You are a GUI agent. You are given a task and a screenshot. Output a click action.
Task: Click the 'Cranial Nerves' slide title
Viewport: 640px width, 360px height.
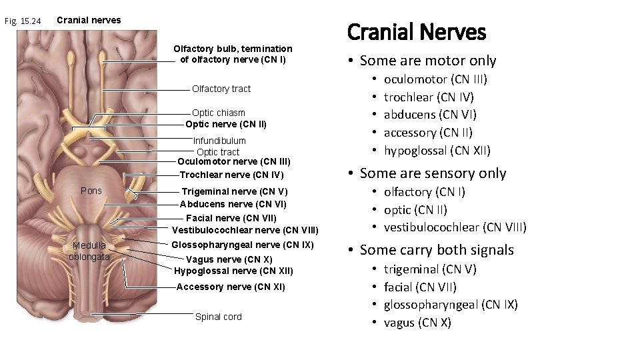point(417,31)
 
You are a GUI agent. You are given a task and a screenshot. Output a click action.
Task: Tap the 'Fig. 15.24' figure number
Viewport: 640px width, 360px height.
point(23,21)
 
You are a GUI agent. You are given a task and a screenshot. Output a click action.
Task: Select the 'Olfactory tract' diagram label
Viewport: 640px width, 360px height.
point(221,89)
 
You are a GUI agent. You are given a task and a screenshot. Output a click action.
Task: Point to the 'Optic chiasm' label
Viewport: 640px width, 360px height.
point(219,113)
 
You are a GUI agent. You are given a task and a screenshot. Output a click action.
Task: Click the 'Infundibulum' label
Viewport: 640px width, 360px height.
point(219,141)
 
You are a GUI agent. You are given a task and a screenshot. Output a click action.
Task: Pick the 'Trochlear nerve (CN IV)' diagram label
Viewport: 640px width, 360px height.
point(232,175)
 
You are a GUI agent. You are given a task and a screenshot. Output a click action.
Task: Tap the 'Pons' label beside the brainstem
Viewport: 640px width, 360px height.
point(91,191)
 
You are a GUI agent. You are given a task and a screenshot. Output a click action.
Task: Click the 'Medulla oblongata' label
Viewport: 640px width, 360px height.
point(90,250)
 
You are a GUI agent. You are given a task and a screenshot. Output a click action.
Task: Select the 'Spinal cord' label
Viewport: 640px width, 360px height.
point(219,317)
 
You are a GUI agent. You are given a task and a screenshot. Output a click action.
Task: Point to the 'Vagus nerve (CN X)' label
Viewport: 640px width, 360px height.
point(229,259)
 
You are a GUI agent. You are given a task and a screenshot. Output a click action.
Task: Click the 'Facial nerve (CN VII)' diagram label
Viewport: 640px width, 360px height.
point(231,217)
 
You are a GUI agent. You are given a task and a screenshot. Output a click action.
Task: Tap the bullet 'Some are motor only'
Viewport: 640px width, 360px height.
point(428,61)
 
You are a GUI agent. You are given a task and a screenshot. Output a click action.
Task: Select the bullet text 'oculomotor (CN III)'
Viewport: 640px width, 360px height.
point(436,79)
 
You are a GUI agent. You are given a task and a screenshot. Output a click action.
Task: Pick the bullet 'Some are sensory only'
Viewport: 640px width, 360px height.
point(433,173)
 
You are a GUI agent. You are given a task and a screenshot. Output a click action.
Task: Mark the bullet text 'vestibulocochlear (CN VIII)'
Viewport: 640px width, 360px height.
point(455,227)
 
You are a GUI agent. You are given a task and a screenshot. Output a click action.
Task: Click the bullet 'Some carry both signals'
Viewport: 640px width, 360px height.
point(437,250)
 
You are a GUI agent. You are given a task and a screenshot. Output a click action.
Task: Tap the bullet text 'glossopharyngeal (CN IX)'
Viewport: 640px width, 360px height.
point(451,305)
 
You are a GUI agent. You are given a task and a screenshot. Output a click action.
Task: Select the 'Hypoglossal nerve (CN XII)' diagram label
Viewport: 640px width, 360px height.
point(233,271)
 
